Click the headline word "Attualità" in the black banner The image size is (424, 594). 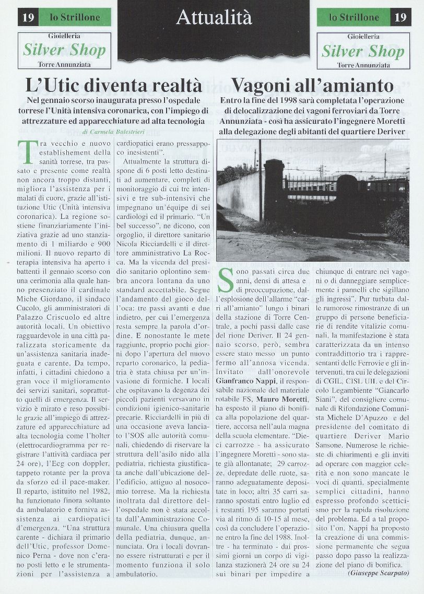(214, 18)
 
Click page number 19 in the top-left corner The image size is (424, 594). (29, 18)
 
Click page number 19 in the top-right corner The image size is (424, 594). (401, 18)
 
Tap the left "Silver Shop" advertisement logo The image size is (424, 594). (64, 50)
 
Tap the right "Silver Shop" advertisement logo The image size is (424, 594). (363, 51)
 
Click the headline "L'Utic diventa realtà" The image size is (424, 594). (113, 85)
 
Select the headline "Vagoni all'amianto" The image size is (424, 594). (312, 85)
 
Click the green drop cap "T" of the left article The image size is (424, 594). (26, 152)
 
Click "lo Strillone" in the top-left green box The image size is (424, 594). (75, 18)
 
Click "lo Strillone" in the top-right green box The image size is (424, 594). (354, 18)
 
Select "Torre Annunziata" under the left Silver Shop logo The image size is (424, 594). (64, 64)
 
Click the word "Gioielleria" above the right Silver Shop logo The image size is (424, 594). (363, 37)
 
